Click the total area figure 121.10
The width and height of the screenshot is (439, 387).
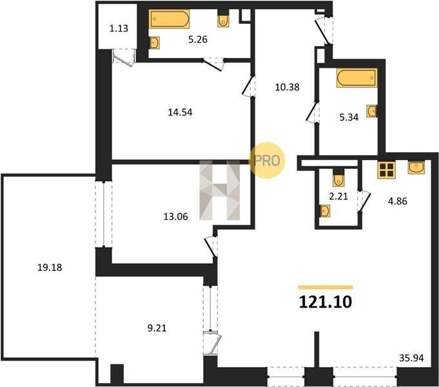pos(326,302)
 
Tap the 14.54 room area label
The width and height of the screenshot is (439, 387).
pos(180,112)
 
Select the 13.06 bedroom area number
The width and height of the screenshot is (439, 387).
pos(175,217)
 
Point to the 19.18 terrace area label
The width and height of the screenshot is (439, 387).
pos(50,267)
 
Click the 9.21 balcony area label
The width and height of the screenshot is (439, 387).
pos(157,328)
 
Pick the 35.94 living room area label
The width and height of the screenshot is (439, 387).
pos(411,358)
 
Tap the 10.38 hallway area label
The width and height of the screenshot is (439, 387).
pos(288,87)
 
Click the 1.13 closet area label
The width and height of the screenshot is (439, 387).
pos(119,28)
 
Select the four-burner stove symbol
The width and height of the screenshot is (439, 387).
pos(387,170)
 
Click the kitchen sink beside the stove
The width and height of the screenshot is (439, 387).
pos(416,167)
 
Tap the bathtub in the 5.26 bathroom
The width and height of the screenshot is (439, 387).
pos(169,19)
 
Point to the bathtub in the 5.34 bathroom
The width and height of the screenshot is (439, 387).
pos(356,78)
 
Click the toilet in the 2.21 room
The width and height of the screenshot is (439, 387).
pos(338,178)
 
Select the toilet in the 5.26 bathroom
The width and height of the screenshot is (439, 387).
pos(223,19)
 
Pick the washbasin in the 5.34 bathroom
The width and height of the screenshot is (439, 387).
pos(372,111)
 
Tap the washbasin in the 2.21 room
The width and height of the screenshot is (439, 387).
pos(325,211)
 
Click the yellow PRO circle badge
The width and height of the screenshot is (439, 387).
pos(267,161)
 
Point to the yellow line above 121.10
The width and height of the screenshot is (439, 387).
pos(326,287)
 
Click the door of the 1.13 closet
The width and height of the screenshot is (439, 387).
pos(124,58)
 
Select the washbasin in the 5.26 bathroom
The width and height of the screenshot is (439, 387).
pos(154,43)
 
